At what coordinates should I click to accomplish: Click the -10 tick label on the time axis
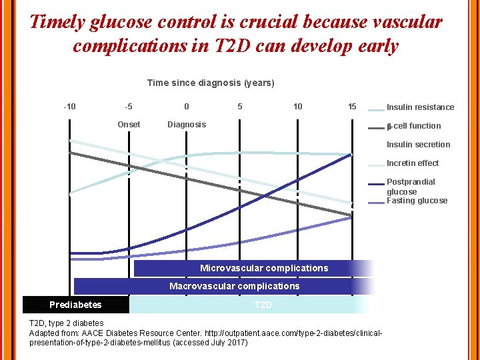(69, 107)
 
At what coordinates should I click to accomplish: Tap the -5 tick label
(129, 107)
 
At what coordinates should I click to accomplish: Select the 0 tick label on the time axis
(187, 107)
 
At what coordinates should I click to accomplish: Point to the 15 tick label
(352, 107)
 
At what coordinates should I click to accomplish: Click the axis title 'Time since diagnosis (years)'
(211, 83)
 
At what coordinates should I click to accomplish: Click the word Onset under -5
(129, 125)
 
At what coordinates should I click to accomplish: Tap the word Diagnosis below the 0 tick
(187, 125)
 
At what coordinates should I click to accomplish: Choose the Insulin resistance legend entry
(420, 107)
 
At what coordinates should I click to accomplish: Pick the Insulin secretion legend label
(418, 145)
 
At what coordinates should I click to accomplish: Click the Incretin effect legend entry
(413, 163)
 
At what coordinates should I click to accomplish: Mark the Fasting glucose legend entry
(417, 201)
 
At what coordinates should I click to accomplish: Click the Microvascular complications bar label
(264, 268)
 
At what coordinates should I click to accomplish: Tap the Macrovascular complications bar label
(234, 286)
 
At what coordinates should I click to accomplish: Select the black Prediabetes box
(75, 305)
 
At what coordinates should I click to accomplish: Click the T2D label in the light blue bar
(263, 305)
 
